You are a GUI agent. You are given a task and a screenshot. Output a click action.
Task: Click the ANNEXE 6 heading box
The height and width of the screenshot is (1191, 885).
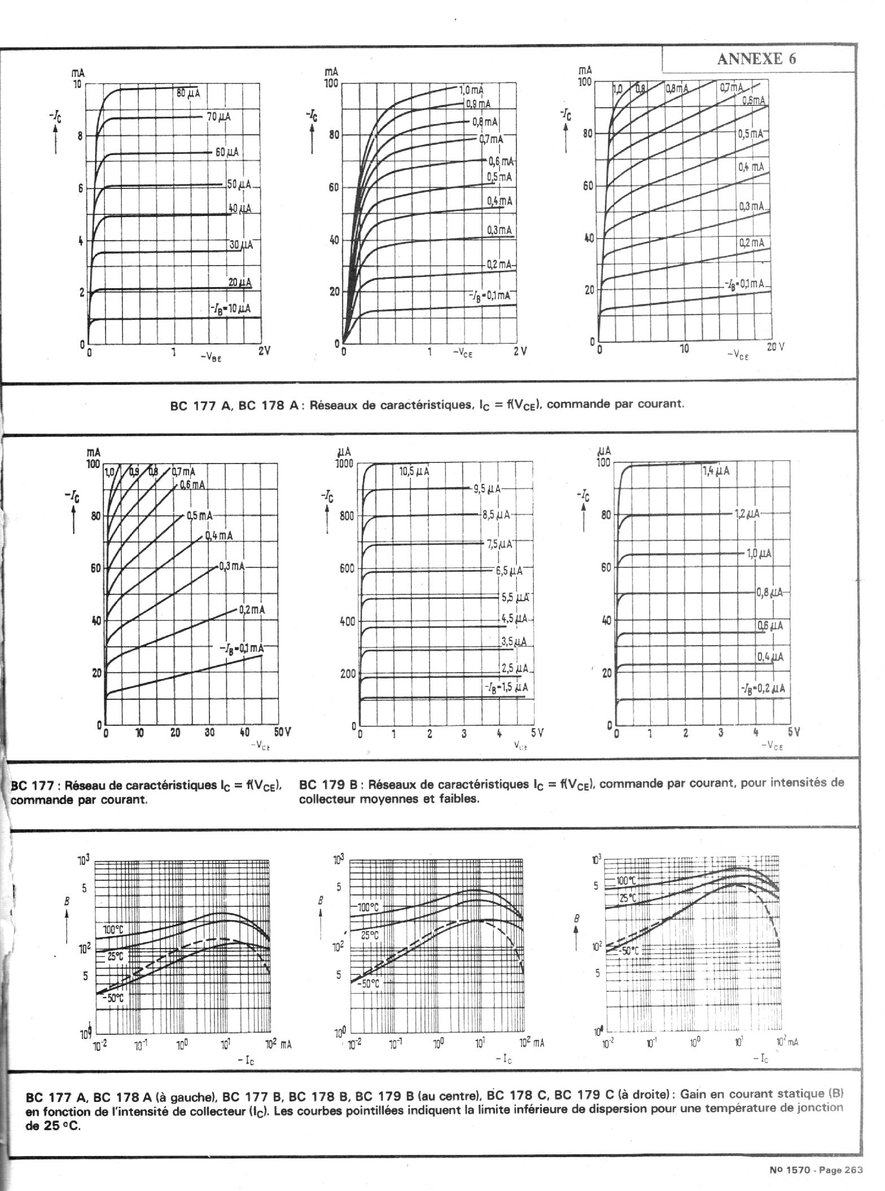[x=757, y=59]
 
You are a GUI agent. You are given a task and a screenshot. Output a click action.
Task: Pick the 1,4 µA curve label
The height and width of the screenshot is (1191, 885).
[x=716, y=471]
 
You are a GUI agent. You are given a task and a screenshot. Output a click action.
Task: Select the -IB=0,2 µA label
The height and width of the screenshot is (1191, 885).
[x=762, y=689]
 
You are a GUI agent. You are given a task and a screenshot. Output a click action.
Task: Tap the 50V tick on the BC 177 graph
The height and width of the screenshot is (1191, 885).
[x=282, y=733]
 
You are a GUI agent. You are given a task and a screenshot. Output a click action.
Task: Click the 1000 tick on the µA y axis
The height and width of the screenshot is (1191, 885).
[x=344, y=464]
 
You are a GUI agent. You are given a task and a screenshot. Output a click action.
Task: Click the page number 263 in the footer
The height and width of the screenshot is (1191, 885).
[x=853, y=1170]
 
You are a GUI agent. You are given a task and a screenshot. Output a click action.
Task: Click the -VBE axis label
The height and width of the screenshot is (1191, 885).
[x=211, y=356]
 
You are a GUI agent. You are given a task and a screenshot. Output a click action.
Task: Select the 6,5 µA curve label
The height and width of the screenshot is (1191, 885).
[x=509, y=571]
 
